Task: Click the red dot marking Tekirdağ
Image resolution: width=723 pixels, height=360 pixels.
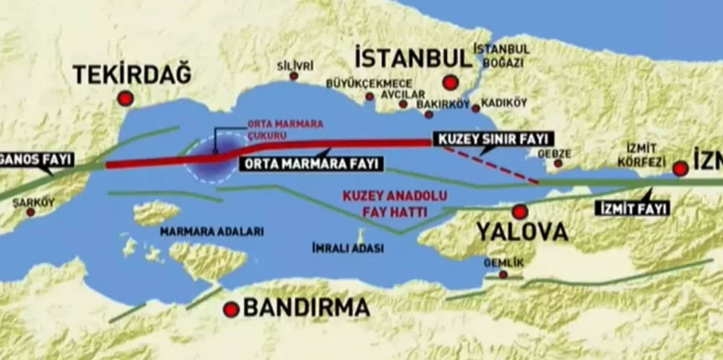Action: [x=126, y=98]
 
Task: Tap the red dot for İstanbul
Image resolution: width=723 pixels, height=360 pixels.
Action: [x=451, y=82]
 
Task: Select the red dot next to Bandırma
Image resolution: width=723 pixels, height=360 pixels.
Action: [x=231, y=309]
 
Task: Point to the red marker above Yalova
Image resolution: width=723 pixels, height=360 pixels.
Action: [x=520, y=212]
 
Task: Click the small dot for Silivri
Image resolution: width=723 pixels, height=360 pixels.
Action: [x=294, y=76]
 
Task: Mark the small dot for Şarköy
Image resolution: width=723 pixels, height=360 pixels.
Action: [x=30, y=212]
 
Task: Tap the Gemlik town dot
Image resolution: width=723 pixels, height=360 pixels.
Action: [x=503, y=274]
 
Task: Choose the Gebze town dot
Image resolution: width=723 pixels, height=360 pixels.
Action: [x=558, y=163]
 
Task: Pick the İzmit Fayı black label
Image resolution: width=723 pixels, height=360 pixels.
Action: [x=632, y=207]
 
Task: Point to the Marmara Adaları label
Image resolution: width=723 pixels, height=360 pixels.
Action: [x=212, y=232]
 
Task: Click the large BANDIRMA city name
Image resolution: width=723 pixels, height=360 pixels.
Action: [x=306, y=308]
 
